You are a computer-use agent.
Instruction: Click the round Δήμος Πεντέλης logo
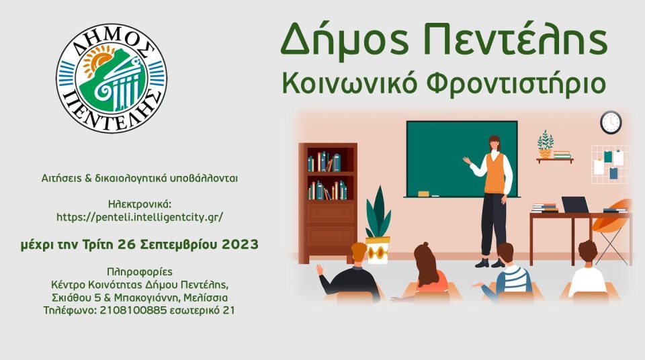click(x=112, y=78)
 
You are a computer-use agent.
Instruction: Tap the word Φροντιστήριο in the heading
click(x=516, y=83)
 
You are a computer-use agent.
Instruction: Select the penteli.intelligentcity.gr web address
click(x=140, y=217)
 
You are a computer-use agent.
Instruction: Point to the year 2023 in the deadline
click(x=241, y=244)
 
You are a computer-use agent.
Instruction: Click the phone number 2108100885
click(x=133, y=310)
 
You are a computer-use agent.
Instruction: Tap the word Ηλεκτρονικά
click(x=140, y=204)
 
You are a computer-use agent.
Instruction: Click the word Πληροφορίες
click(x=140, y=273)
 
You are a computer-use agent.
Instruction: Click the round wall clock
click(x=611, y=122)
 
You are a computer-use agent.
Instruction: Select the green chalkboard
click(x=462, y=159)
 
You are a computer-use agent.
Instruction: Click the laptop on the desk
click(x=575, y=205)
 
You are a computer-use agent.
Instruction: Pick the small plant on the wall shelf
click(x=546, y=144)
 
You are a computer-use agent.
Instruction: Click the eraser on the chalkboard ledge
click(x=423, y=193)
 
